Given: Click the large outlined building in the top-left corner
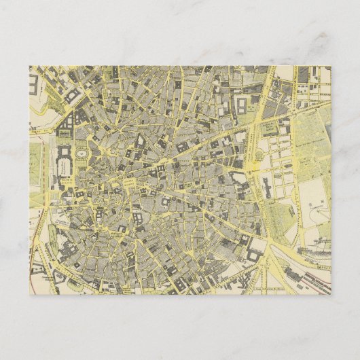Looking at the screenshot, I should [35, 86].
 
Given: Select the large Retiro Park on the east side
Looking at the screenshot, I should [309, 170].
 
